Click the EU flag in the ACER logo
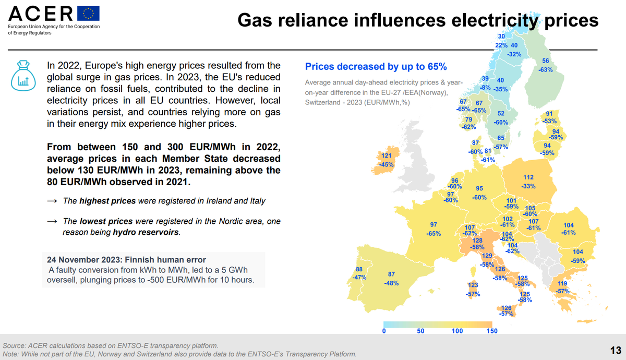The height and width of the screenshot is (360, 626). (88, 14)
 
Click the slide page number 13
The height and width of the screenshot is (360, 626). (615, 349)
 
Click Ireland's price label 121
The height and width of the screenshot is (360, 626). (386, 156)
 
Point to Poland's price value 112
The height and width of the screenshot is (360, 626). (528, 177)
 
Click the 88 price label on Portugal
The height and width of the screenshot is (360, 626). (359, 269)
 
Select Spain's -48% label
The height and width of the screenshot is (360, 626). (391, 283)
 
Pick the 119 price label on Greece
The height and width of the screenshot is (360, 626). (562, 283)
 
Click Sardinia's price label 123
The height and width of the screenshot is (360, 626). (473, 285)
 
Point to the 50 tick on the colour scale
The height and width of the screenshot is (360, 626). (420, 331)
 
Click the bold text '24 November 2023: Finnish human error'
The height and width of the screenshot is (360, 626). (126, 260)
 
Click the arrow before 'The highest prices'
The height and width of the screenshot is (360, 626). (52, 201)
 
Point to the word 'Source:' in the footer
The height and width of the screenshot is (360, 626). (15, 345)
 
